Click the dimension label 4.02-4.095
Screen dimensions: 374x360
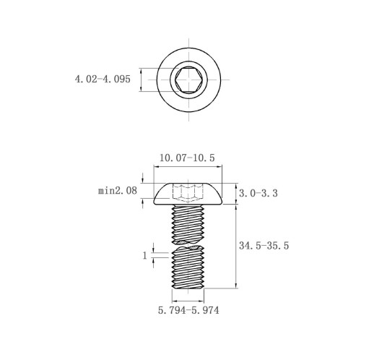coord(103,79)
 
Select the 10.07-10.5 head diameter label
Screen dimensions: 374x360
coord(187,158)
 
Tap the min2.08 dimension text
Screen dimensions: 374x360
coord(118,191)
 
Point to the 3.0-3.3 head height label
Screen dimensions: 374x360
coord(258,193)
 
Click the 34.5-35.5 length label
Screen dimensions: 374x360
coord(264,246)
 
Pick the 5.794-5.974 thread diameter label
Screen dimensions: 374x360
coord(188,310)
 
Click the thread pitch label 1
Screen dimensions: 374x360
coord(144,255)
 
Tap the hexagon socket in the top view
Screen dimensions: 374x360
coord(188,80)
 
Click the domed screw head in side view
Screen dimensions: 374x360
coord(188,194)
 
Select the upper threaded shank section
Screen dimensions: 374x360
coord(188,224)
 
